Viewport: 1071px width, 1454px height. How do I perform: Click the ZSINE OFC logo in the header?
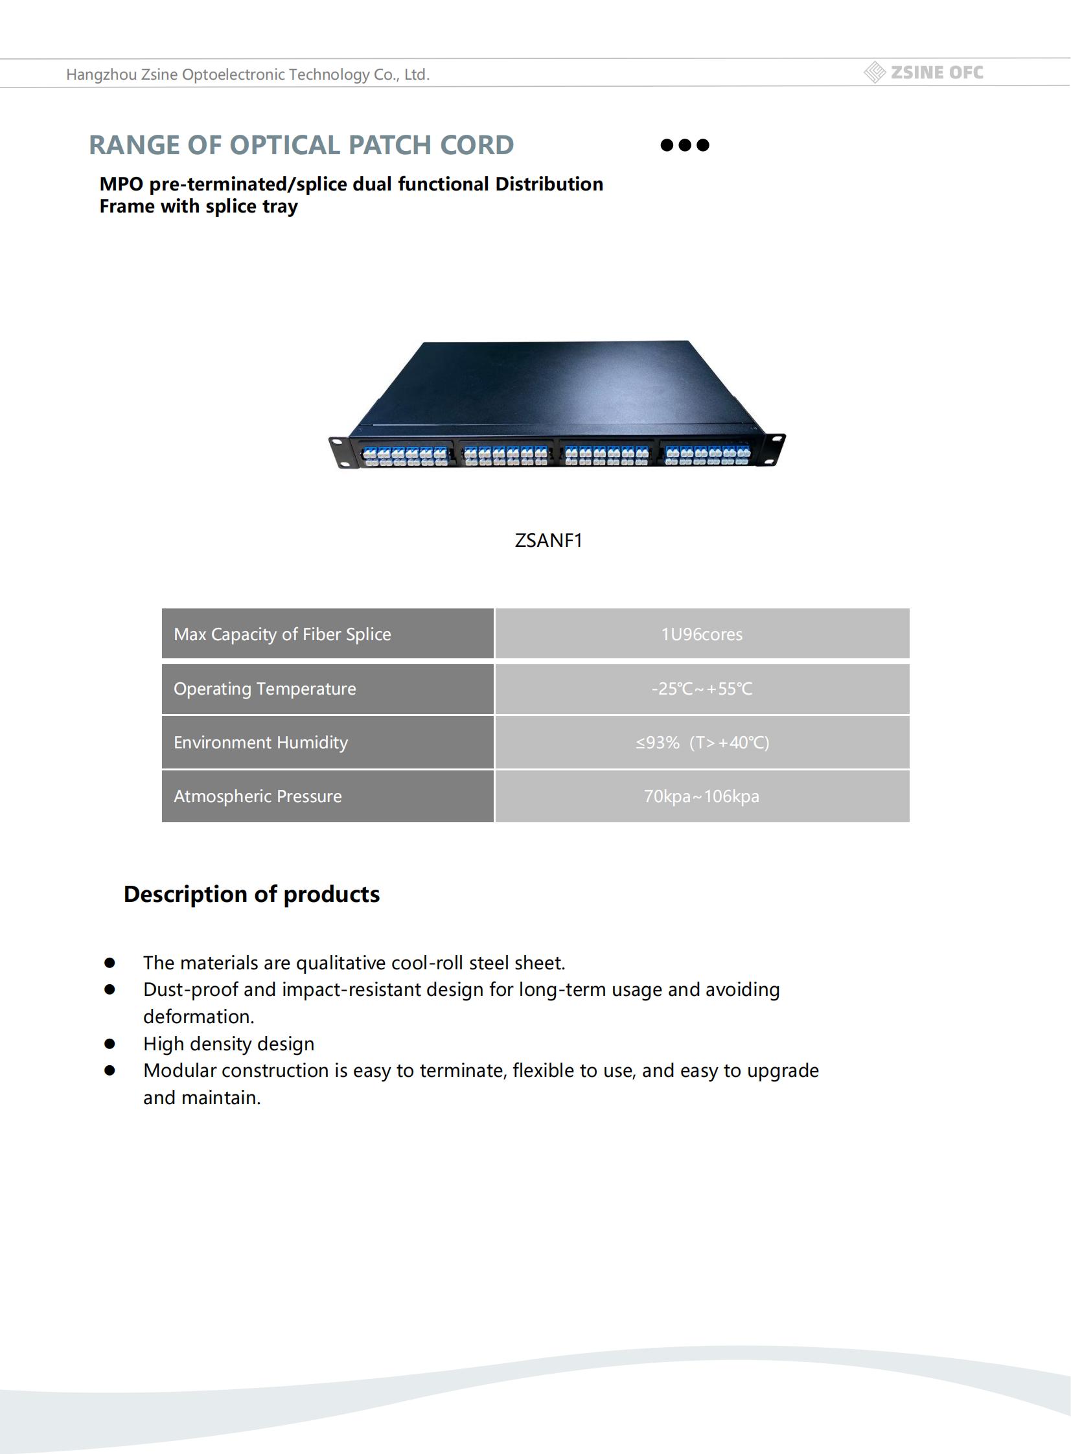click(924, 73)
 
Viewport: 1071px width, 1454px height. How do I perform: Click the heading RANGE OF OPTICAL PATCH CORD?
click(301, 145)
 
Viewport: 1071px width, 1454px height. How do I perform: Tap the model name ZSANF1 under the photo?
click(549, 540)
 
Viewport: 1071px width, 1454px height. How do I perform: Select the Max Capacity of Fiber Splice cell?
click(327, 634)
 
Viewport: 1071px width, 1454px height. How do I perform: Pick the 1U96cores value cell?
click(702, 634)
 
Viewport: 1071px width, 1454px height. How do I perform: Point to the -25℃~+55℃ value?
click(702, 688)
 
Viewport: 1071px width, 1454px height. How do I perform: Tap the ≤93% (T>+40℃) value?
click(702, 743)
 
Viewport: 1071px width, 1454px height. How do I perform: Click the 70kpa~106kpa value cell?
click(702, 796)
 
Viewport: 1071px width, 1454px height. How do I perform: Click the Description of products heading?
click(251, 894)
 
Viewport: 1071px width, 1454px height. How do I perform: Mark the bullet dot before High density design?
click(109, 1044)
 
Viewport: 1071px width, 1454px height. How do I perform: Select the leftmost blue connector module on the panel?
click(405, 456)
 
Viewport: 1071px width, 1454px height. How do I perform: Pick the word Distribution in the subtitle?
click(549, 184)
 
